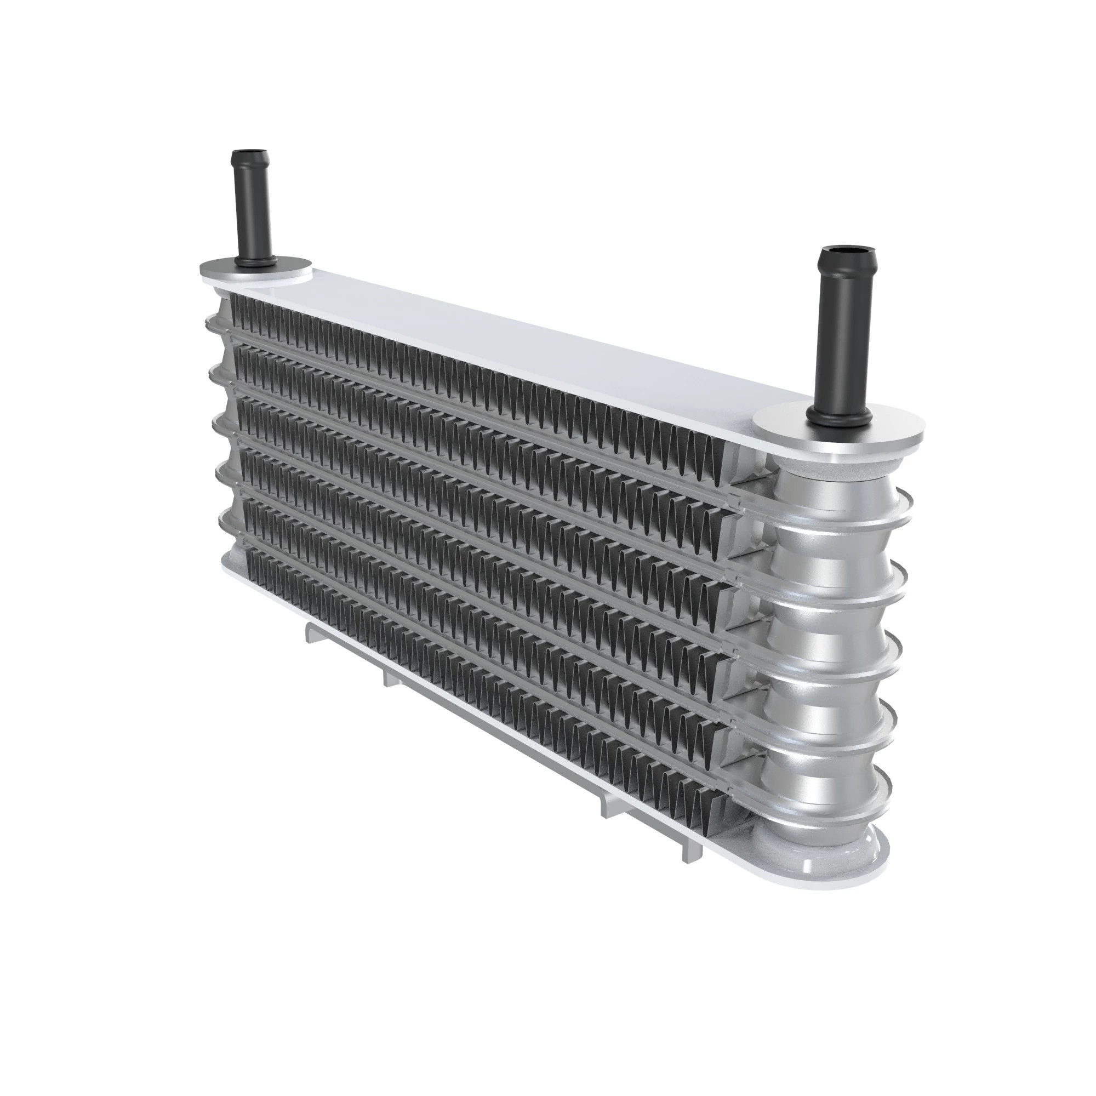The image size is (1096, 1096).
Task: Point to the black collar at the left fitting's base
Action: click(256, 261)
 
